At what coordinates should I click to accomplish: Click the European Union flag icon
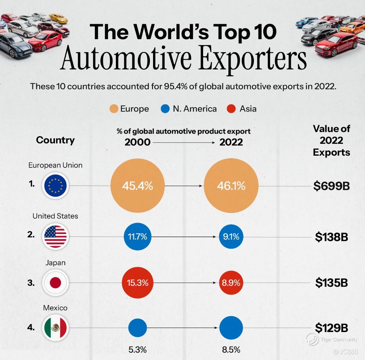55,186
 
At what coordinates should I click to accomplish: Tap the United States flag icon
55,236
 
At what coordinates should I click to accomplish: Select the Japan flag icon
55,283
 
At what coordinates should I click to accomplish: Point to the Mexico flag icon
55,328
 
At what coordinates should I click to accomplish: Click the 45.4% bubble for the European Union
137,186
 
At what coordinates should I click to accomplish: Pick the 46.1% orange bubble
231,186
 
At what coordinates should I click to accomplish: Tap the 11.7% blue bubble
137,237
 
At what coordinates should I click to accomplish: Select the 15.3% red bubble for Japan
137,283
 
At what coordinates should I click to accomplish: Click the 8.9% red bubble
231,283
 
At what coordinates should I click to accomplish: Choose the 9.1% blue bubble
231,237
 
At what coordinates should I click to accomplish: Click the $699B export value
331,186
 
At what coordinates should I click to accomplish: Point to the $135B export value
331,283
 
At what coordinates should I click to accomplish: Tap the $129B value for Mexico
331,328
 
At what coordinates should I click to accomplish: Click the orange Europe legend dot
114,109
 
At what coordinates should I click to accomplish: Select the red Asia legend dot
231,109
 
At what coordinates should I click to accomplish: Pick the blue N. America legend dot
166,109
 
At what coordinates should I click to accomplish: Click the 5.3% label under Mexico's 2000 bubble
137,349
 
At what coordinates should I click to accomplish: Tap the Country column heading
55,140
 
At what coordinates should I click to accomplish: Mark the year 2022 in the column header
231,142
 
